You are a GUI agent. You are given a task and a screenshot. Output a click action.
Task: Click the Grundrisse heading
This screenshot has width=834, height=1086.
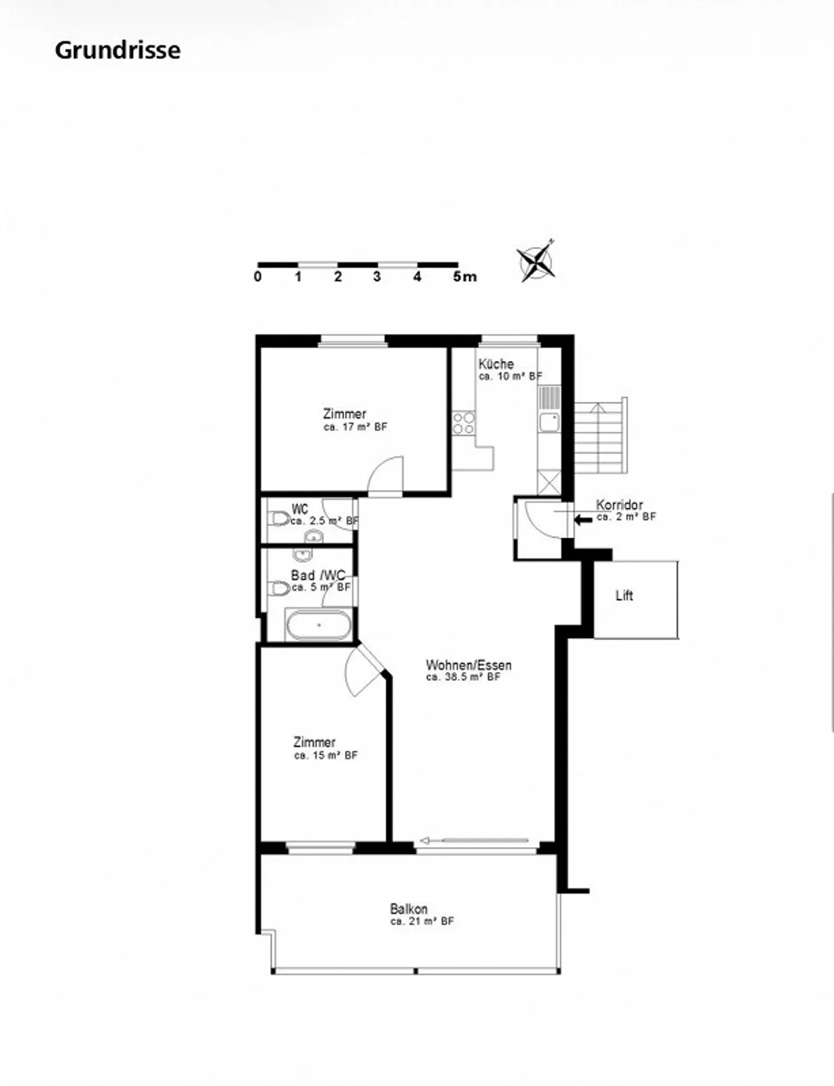click(x=118, y=50)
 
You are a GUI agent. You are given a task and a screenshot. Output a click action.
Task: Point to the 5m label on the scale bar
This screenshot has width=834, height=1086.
click(x=464, y=277)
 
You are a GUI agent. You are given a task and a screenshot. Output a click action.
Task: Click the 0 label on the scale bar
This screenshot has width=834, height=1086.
click(x=258, y=277)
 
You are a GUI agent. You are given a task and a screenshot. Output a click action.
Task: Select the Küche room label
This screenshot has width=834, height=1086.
click(x=496, y=364)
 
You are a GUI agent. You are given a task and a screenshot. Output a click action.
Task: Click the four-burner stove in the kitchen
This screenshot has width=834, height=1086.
click(x=464, y=423)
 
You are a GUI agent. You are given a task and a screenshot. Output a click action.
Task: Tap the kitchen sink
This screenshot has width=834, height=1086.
click(x=549, y=423)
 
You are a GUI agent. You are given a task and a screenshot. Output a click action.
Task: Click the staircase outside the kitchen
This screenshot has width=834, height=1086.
click(x=599, y=437)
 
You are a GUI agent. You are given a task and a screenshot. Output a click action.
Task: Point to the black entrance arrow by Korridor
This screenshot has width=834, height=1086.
click(x=583, y=519)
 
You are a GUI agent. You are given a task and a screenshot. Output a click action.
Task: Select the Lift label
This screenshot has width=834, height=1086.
click(x=624, y=596)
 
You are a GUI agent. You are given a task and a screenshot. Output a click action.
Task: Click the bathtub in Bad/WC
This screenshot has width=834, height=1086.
click(x=318, y=625)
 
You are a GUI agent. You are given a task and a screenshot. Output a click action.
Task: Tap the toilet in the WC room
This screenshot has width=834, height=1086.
click(x=280, y=518)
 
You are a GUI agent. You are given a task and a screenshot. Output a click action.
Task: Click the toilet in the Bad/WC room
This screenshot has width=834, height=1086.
click(x=280, y=589)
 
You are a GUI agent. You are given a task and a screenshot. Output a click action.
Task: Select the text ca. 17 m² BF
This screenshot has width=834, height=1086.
click(x=355, y=427)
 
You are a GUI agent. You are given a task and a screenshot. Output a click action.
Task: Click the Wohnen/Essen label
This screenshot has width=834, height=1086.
click(x=469, y=665)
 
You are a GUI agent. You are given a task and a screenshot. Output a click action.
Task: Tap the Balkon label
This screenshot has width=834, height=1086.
click(x=408, y=908)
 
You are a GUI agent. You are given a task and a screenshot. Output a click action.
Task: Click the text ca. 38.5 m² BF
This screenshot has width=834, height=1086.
click(x=463, y=677)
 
